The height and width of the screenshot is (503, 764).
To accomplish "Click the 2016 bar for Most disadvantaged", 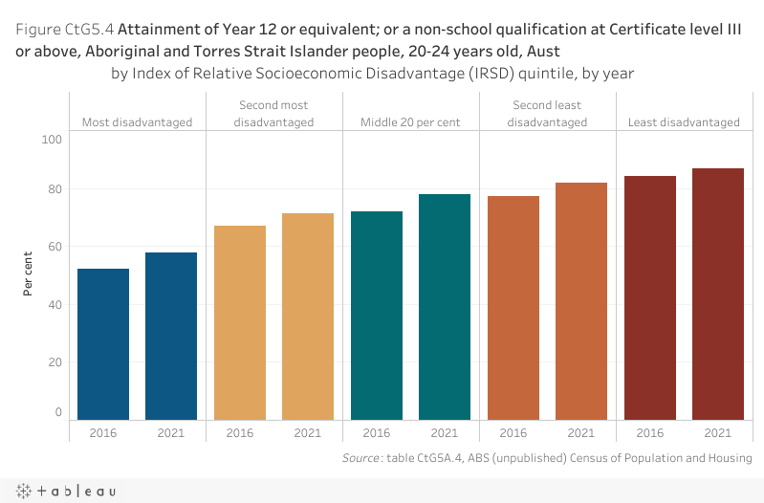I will click(103, 344).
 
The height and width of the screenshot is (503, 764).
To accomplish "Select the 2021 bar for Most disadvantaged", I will click(171, 336).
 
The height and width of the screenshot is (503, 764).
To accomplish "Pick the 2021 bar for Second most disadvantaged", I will click(308, 317).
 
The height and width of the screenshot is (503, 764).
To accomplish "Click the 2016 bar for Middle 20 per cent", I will click(377, 316).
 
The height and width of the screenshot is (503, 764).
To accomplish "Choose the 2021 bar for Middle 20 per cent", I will click(445, 307).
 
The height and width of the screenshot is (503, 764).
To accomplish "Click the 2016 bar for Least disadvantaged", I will click(650, 297).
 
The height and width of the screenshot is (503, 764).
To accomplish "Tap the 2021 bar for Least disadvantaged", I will click(718, 294).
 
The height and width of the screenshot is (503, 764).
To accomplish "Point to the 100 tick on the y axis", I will click(52, 140).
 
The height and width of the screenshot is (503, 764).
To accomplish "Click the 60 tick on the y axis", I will click(54, 247).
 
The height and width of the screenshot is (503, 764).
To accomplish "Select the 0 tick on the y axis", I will click(57, 412).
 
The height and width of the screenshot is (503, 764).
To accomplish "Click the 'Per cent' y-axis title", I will click(29, 274).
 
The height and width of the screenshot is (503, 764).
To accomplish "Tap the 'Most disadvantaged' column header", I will click(137, 122).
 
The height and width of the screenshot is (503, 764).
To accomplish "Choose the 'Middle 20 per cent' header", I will click(410, 122).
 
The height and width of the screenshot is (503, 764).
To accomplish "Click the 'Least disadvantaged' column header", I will click(684, 122).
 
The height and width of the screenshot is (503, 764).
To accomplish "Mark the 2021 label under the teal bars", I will click(445, 433).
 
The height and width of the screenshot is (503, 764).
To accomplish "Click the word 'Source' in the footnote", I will click(362, 459).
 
